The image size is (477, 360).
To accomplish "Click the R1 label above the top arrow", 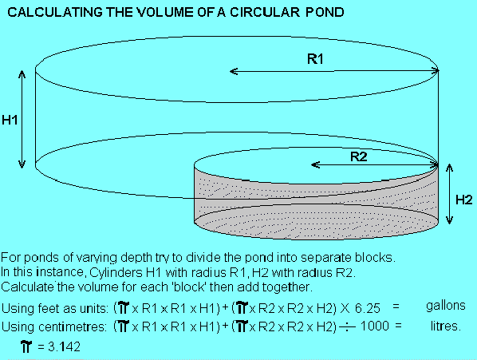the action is click(x=315, y=59).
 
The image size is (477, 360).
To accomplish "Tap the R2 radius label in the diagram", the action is click(x=359, y=156).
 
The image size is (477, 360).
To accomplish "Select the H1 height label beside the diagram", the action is click(x=10, y=120).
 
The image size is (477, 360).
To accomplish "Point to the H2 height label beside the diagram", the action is click(x=464, y=200).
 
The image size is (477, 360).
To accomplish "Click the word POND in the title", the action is click(x=325, y=12).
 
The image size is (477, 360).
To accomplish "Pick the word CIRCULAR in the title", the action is click(x=265, y=12).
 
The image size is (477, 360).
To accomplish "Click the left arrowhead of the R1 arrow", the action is click(x=234, y=72).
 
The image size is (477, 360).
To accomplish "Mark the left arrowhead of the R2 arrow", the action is click(x=315, y=165).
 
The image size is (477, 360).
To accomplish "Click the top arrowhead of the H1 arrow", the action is click(x=22, y=74).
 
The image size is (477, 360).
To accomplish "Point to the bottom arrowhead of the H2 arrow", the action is click(x=449, y=220).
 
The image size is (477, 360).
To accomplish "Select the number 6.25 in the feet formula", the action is click(x=368, y=309).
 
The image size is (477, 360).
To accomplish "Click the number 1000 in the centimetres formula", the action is click(x=374, y=326).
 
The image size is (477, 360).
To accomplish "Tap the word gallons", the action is click(x=446, y=306).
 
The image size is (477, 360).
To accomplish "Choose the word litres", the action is click(x=446, y=326).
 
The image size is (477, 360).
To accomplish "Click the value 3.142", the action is click(x=64, y=346).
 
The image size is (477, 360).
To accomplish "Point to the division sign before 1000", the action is click(x=347, y=326).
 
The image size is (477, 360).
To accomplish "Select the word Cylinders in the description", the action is click(x=116, y=272).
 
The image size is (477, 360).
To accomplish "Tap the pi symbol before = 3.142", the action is click(x=26, y=346).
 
